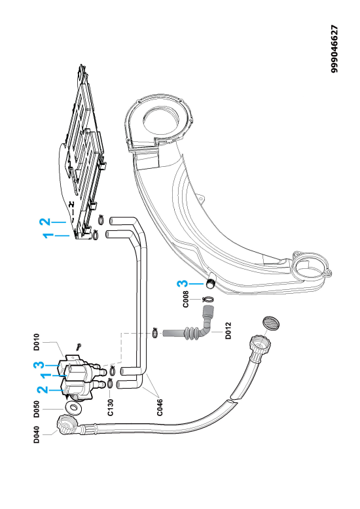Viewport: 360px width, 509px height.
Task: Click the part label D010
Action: (37, 342)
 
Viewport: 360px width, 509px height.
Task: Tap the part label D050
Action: (37, 409)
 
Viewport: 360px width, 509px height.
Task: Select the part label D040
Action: (37, 434)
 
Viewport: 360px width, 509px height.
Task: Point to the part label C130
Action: (111, 408)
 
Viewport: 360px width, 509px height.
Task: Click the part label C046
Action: (160, 408)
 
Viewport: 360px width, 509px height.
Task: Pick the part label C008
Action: (185, 299)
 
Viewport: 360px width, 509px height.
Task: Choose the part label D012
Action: (228, 330)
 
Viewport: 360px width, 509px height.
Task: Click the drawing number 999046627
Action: (334, 49)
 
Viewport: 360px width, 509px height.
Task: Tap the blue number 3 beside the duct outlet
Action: (183, 284)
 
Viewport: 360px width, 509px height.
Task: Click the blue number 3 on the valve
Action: (39, 365)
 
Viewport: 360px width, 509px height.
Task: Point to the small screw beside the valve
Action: (79, 347)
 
